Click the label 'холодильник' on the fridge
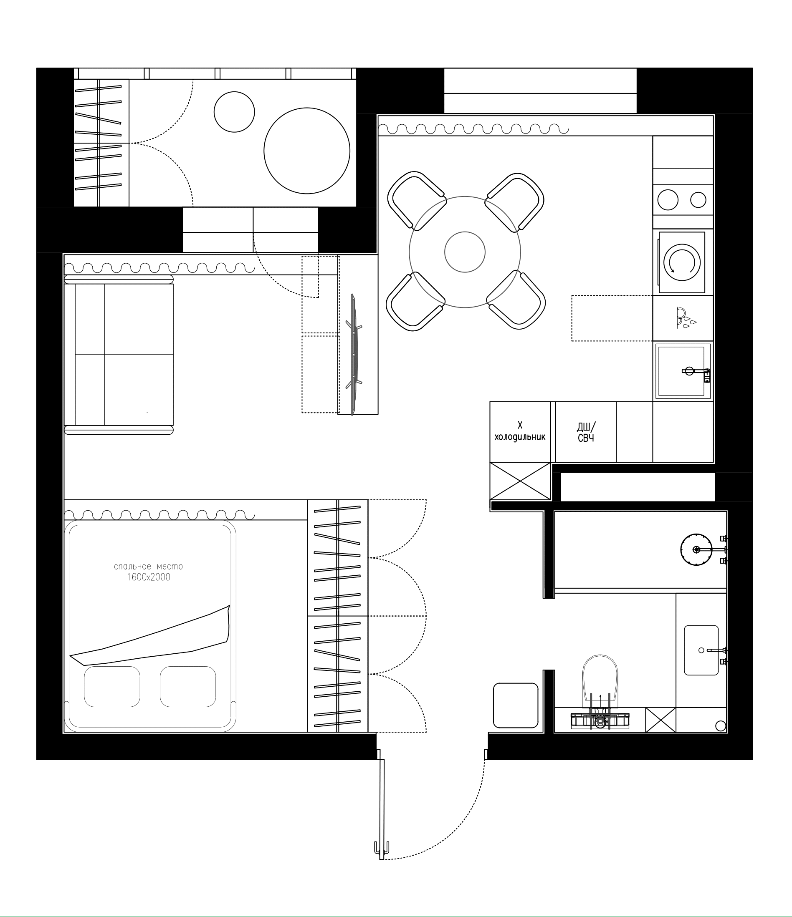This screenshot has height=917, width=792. tap(520, 437)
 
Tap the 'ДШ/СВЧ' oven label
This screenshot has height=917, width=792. tap(586, 432)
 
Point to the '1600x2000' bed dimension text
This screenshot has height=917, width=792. tap(148, 577)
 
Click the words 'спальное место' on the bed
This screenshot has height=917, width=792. tap(148, 567)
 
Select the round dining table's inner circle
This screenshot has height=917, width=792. tap(465, 252)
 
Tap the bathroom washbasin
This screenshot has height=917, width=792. tap(701, 650)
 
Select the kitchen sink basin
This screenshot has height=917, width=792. tap(681, 371)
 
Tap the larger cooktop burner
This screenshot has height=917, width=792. tap(668, 199)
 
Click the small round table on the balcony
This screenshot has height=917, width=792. tap(234, 112)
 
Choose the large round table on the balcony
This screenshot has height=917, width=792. tap(307, 151)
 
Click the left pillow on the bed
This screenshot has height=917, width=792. tap(112, 686)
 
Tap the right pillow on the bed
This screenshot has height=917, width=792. tap(188, 686)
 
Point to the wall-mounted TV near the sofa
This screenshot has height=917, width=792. tap(354, 354)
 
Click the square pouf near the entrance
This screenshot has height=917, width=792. tap(516, 705)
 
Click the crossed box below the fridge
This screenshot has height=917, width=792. tap(520, 481)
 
